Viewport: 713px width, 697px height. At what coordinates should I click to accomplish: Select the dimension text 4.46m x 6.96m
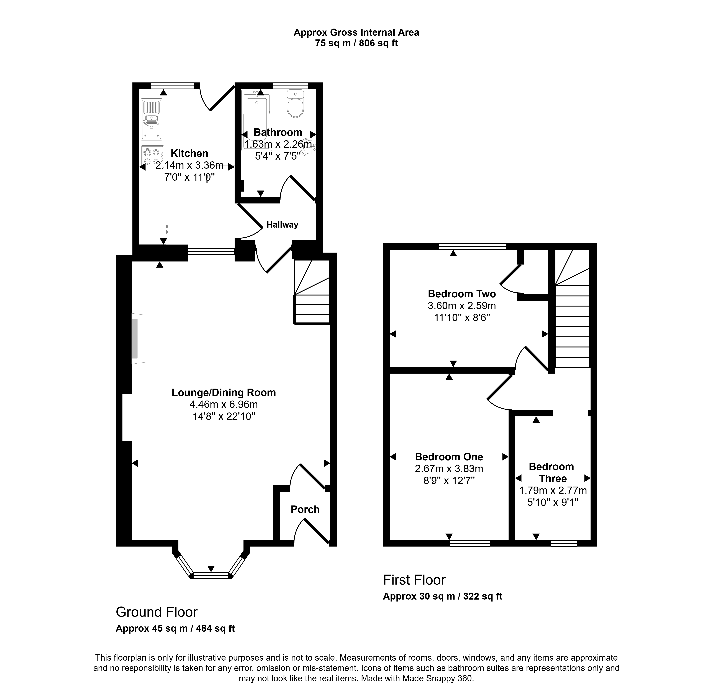(x=224, y=404)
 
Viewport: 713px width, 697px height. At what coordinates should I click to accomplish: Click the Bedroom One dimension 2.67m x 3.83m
(x=449, y=469)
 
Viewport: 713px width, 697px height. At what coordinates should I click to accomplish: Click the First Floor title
(x=414, y=580)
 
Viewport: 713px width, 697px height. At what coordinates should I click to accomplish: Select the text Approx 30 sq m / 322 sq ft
(x=442, y=596)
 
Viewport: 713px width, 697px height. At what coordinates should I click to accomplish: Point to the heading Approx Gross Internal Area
(x=356, y=33)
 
